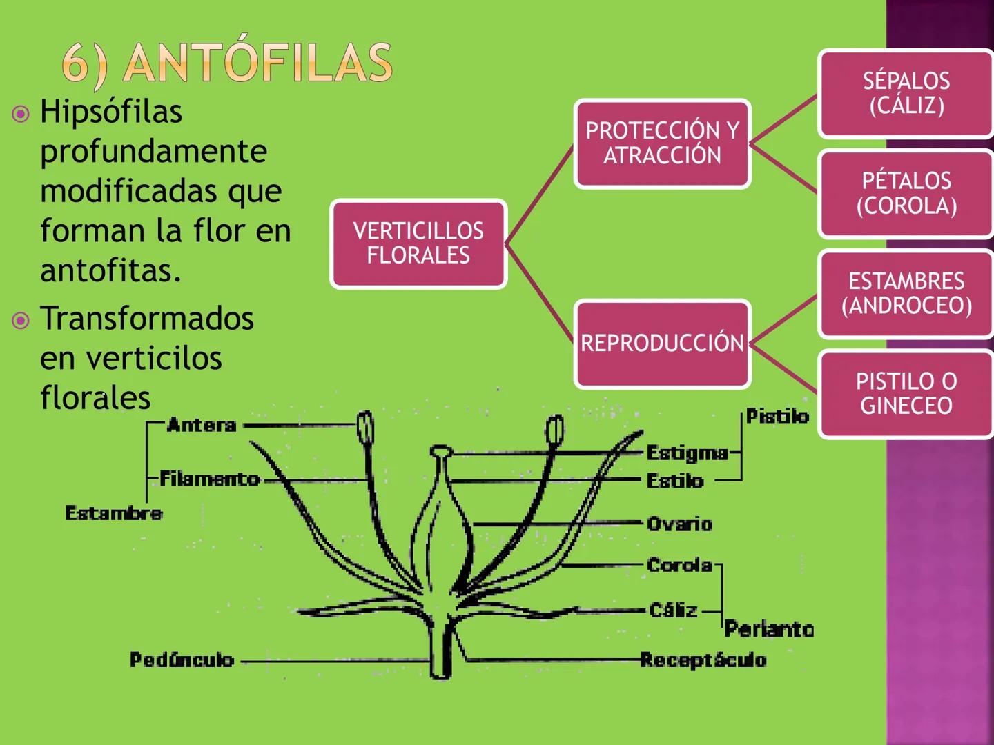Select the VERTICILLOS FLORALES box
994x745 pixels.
tap(418, 244)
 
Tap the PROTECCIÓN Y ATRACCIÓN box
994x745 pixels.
tap(662, 143)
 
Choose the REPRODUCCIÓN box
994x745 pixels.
tap(662, 343)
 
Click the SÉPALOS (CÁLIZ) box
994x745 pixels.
tap(906, 93)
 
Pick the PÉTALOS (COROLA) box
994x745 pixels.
tap(906, 193)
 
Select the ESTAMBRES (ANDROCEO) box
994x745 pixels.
tap(906, 293)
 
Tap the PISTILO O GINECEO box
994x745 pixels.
tap(906, 393)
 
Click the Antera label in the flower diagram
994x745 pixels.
tap(202, 425)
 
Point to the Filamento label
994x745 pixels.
tap(209, 479)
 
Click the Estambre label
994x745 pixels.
tap(114, 513)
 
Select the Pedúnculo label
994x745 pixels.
tap(182, 660)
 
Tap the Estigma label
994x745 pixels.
tap(687, 453)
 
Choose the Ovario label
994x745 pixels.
tap(679, 524)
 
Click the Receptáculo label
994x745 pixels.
tap(703, 660)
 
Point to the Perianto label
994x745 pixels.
tap(769, 629)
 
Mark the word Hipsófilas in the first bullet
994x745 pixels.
tap(111, 112)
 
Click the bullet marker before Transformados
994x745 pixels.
tap(21, 320)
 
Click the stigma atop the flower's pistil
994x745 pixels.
tap(440, 452)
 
